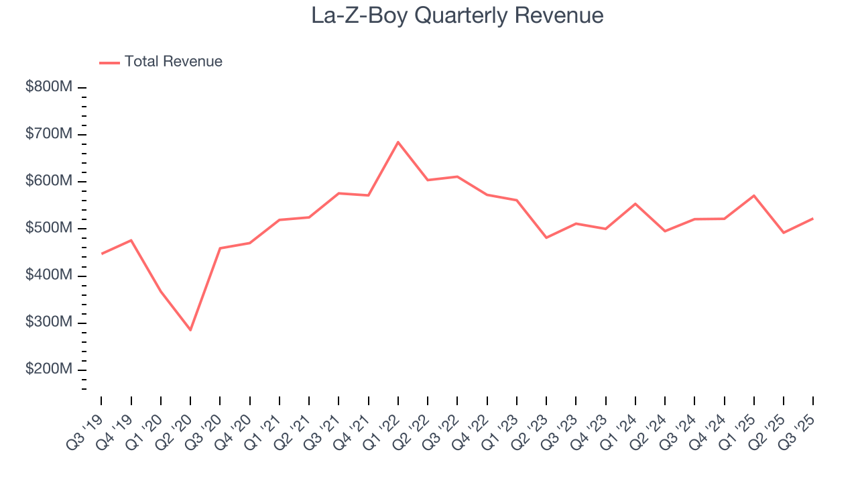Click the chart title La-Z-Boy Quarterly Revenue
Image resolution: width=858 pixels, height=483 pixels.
point(457,15)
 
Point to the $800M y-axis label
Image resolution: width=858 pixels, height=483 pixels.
point(49,88)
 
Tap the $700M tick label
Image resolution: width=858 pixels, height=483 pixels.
point(49,135)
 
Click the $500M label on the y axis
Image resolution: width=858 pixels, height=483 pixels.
point(49,229)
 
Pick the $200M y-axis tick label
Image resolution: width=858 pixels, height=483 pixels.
point(49,370)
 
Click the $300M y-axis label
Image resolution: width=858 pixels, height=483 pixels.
point(49,323)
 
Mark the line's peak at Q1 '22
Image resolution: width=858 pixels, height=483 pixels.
point(398,142)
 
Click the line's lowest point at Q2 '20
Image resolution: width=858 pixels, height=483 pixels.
point(190,330)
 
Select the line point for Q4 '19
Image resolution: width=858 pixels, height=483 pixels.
point(131,240)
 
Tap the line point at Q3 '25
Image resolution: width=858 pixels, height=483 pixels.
point(813,218)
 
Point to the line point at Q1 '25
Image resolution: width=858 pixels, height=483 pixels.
point(754,196)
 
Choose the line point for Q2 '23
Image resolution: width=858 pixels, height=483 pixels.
point(546,237)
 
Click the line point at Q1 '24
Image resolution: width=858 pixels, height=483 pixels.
point(635,204)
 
